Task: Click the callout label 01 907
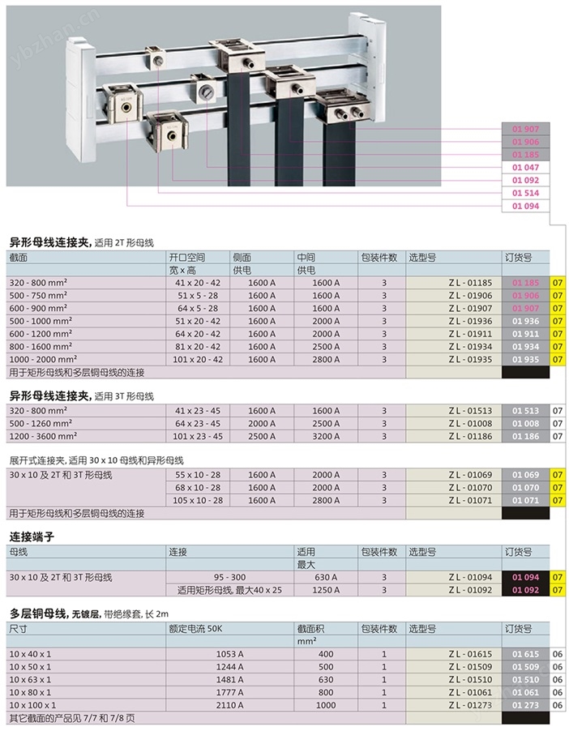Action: [525, 129]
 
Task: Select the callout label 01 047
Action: [525, 168]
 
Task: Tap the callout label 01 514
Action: [525, 193]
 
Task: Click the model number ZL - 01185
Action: [470, 283]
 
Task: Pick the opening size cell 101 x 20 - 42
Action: [198, 360]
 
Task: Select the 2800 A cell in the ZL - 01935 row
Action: [326, 360]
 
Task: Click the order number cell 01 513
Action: [525, 411]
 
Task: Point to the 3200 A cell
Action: [326, 436]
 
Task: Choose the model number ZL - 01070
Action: [470, 488]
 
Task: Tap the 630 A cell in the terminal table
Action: [326, 577]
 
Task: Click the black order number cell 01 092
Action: [525, 590]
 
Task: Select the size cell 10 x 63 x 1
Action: [30, 680]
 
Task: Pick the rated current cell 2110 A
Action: [229, 705]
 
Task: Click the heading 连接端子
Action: [32, 537]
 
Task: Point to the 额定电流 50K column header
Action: [195, 629]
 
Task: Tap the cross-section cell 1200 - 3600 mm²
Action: [43, 436]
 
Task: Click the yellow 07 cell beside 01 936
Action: [558, 321]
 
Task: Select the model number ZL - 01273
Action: [470, 705]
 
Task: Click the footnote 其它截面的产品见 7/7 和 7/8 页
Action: [72, 718]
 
